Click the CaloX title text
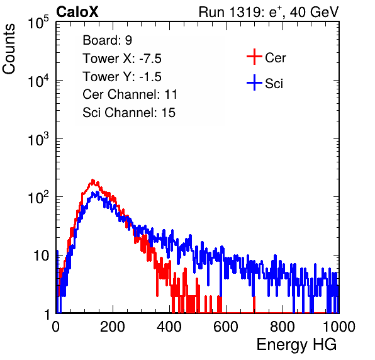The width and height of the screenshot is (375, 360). coord(77,12)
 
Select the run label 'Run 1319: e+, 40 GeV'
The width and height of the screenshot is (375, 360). coord(269,12)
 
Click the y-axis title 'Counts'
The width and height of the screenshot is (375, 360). coord(9,49)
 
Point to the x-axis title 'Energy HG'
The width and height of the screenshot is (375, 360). coord(296,345)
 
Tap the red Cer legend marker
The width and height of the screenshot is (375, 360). coord(254,57)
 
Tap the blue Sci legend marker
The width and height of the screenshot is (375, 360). coord(254,82)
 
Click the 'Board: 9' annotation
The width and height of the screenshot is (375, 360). coord(108,40)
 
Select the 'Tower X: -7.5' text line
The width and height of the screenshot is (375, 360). coord(122,59)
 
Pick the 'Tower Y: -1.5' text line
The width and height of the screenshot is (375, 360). coord(122,77)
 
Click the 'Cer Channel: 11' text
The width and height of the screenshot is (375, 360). coord(130,94)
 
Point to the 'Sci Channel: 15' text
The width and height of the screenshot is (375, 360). coord(129,113)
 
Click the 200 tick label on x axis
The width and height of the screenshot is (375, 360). coord(113,327)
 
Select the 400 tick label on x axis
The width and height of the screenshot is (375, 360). coord(169,327)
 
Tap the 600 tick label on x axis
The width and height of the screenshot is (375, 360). coord(226,327)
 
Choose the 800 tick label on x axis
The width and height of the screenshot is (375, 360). coord(283,327)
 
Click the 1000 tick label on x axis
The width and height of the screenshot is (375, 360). coord(339,327)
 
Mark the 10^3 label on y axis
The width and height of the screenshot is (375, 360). coord(38,138)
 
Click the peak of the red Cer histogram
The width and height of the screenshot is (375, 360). coord(92,180)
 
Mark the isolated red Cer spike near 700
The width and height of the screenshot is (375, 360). coord(254,304)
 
